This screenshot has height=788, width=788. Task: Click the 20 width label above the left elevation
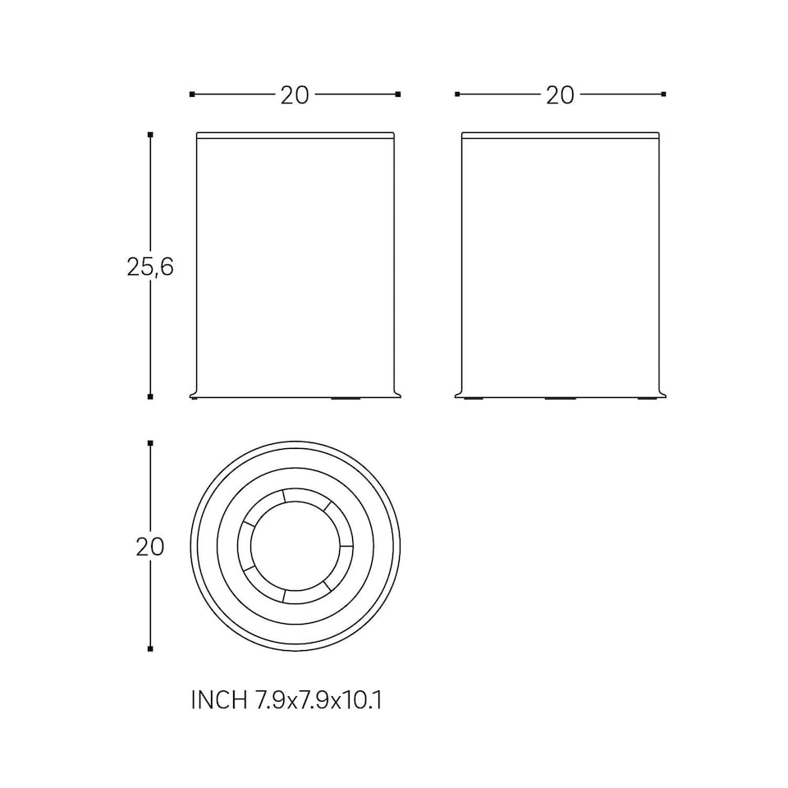point(295,95)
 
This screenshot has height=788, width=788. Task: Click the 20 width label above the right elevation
point(560,95)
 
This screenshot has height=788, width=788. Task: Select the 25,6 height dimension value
point(150,267)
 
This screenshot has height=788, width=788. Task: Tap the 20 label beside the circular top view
point(150,547)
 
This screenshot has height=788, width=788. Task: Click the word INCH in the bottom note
point(218,700)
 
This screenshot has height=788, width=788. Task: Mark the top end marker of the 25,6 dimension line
point(150,134)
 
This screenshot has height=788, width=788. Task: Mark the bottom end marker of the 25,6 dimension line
point(150,397)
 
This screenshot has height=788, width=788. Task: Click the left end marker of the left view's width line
point(192,94)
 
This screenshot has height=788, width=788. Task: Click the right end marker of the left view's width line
point(398,94)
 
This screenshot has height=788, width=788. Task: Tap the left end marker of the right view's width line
point(457,94)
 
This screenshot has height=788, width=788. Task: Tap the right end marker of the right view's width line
point(663,94)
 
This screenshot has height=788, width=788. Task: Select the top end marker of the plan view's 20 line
point(150,443)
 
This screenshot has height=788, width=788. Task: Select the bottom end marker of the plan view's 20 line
point(150,649)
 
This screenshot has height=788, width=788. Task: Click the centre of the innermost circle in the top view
point(295,547)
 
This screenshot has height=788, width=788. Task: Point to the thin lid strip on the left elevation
point(295,135)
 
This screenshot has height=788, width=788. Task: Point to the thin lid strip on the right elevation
point(561,135)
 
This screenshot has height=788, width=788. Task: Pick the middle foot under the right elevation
point(561,399)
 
